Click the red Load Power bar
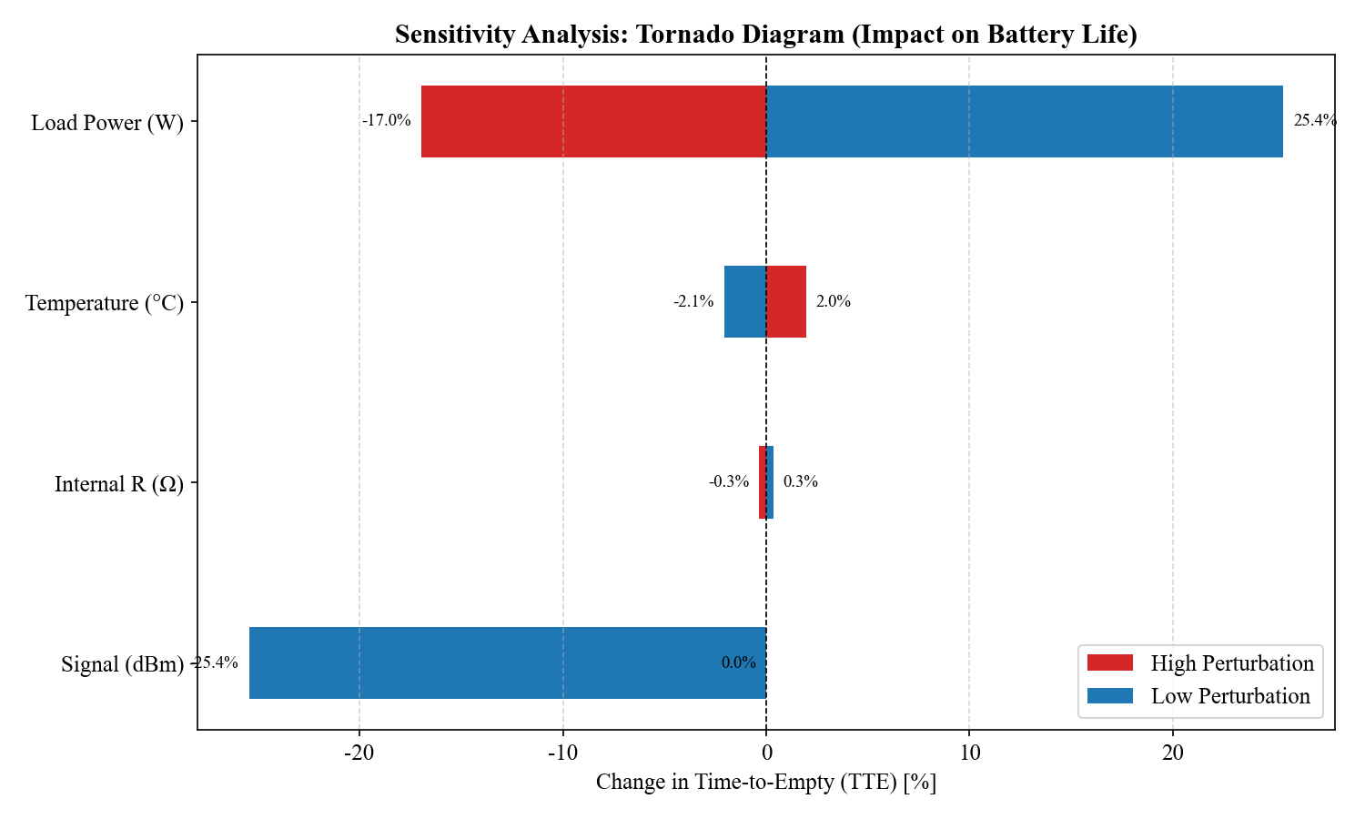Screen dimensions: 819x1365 [593, 121]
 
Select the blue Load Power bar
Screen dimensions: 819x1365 [1024, 121]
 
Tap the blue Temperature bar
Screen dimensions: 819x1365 [744, 301]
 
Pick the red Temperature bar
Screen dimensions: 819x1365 [786, 301]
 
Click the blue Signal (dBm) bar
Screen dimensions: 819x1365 [507, 662]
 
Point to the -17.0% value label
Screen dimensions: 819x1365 [387, 120]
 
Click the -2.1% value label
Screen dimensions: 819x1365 [693, 301]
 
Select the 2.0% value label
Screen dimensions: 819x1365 [834, 301]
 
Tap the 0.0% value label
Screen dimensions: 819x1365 [739, 662]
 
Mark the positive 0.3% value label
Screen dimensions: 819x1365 [801, 481]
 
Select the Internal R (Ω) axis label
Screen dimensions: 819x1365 [119, 484]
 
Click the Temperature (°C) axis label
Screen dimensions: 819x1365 [105, 303]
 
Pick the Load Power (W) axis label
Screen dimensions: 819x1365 [107, 123]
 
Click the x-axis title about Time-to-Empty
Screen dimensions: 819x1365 [766, 782]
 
